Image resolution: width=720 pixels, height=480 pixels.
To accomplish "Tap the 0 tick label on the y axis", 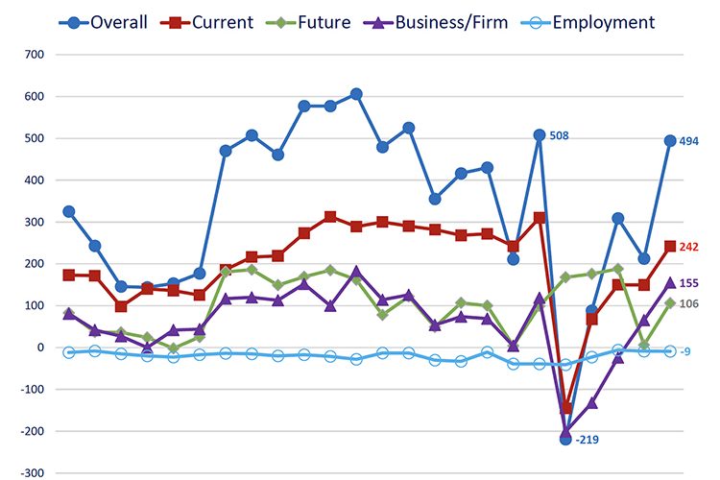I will click(x=39, y=348).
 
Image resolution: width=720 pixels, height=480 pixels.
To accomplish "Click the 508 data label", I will click(x=560, y=136).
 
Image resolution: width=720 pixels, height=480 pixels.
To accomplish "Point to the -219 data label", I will click(x=588, y=440).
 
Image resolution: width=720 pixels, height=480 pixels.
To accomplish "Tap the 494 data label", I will click(x=689, y=141).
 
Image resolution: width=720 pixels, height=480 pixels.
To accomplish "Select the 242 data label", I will click(x=689, y=247).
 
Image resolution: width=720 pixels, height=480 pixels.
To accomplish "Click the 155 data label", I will click(x=689, y=283).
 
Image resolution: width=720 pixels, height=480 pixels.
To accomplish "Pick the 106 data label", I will click(x=689, y=304).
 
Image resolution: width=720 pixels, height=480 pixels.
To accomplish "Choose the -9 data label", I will click(x=686, y=352).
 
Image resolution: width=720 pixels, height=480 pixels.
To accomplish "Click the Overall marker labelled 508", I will click(x=540, y=135).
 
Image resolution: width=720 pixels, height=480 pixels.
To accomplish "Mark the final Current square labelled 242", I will click(x=670, y=247).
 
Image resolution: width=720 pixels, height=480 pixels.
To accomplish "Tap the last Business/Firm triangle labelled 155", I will click(x=670, y=283).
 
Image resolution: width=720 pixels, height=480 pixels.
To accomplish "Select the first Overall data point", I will click(x=68, y=212).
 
